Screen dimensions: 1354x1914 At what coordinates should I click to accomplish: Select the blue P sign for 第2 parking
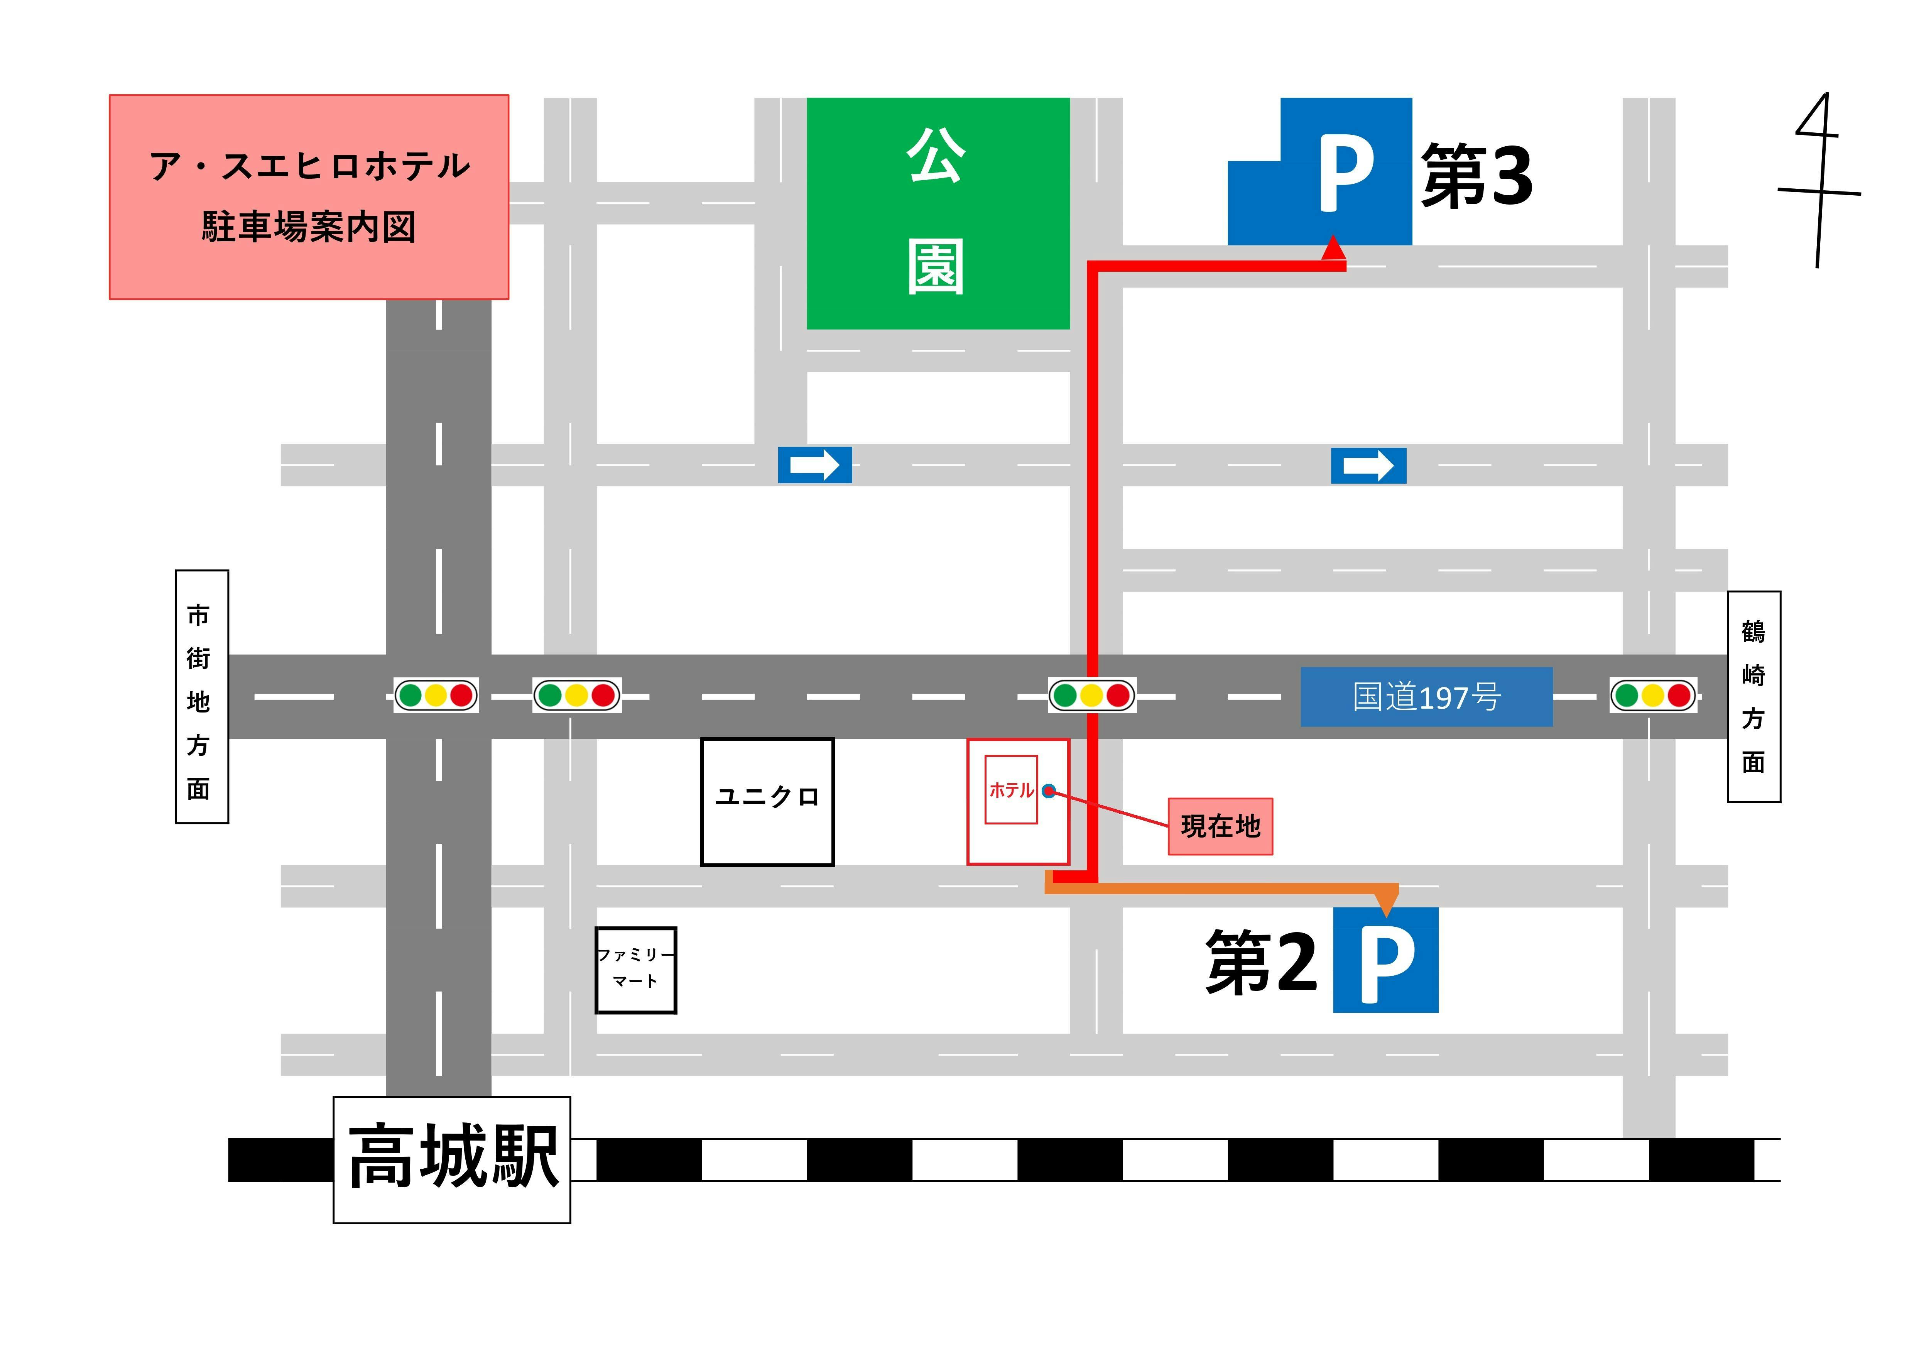tap(1385, 960)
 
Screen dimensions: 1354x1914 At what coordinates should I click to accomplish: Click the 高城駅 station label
tap(452, 1159)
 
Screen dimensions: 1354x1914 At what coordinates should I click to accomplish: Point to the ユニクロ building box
tap(767, 801)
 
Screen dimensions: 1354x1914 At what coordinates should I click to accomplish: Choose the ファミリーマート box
tap(635, 970)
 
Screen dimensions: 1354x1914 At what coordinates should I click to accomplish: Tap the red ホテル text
tap(1010, 790)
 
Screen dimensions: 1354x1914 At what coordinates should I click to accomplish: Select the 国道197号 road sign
tap(1426, 696)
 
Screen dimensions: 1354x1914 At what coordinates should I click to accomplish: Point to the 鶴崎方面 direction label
tap(1754, 697)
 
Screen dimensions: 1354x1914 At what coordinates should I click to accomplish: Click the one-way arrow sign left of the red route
tap(814, 464)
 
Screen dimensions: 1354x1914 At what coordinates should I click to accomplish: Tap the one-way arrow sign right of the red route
tap(1368, 465)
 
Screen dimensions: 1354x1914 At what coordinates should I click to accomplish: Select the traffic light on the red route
tap(1091, 694)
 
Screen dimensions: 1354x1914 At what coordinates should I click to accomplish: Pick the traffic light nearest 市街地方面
tap(436, 694)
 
